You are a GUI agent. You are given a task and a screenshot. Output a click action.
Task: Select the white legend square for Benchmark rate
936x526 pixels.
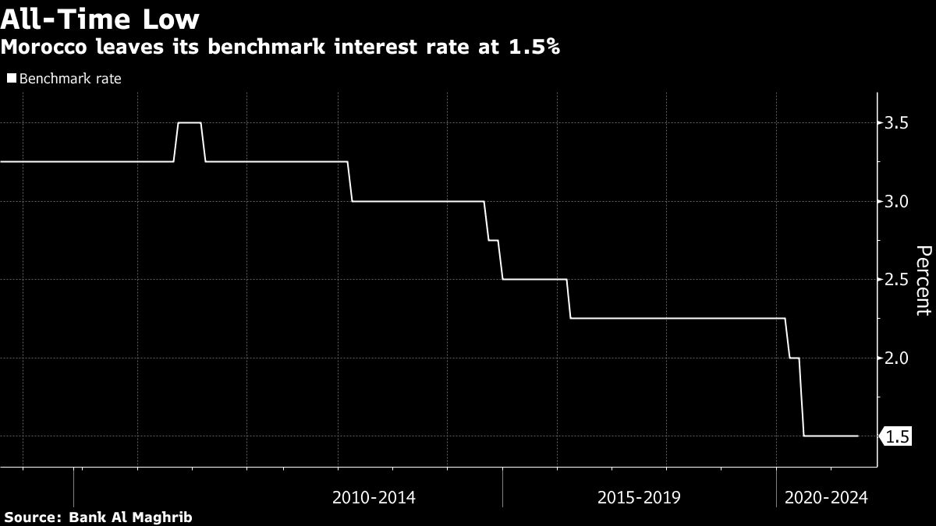[11, 79]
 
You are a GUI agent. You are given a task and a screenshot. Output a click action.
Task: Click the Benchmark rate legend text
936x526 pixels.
[70, 79]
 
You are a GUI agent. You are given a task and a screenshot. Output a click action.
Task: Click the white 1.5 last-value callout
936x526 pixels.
[897, 436]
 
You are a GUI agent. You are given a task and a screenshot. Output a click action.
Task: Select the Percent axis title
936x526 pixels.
[923, 280]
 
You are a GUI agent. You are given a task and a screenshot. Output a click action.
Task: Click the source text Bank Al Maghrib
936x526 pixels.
[130, 517]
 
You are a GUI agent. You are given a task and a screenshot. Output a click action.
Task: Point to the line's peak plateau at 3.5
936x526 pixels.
[190, 122]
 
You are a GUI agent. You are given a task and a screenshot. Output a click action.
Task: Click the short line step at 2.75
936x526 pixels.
[493, 240]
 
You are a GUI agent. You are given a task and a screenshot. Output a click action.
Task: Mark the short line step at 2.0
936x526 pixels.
[795, 358]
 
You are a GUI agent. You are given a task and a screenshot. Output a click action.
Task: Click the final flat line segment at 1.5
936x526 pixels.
[831, 436]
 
